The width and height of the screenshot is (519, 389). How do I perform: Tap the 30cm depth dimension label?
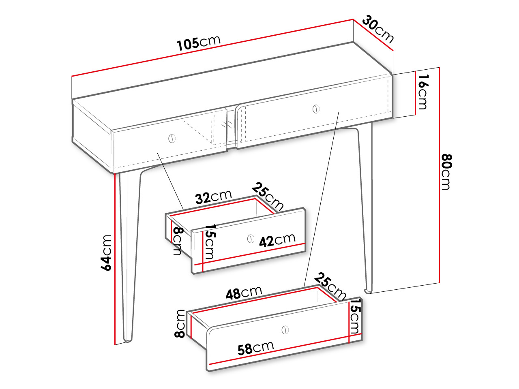378,29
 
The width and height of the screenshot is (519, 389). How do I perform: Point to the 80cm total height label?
447,172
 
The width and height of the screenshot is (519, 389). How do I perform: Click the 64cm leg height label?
106,252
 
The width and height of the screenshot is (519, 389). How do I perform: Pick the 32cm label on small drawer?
213,197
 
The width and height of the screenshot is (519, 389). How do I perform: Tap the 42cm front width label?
277,240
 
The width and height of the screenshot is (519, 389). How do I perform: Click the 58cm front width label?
255,348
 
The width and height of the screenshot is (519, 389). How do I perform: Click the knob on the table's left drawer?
172,139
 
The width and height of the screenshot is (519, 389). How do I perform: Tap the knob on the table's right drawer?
316,109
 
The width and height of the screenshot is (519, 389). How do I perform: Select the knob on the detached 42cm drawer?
251,239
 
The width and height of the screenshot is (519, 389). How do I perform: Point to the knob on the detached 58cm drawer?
285,330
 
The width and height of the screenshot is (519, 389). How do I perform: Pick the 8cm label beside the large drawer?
180,324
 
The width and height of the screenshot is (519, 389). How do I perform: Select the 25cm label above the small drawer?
268,197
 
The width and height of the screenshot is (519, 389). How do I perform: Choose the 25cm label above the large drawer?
330,286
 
